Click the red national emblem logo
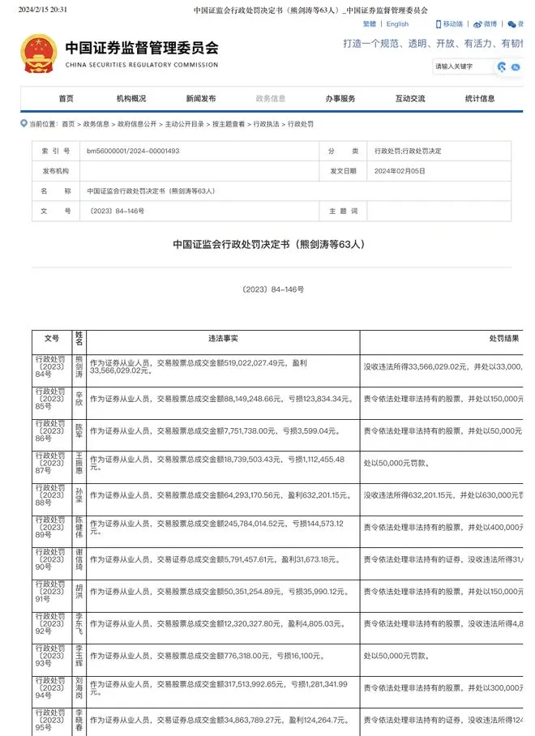[38, 53]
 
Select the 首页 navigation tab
[66, 99]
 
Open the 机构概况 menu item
[131, 99]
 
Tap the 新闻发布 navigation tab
[200, 99]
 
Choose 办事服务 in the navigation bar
[340, 99]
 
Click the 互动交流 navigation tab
[410, 99]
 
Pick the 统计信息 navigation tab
[480, 99]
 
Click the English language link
[397, 24]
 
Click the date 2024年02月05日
[400, 171]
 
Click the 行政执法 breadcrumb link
[266, 124]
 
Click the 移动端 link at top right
[448, 24]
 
